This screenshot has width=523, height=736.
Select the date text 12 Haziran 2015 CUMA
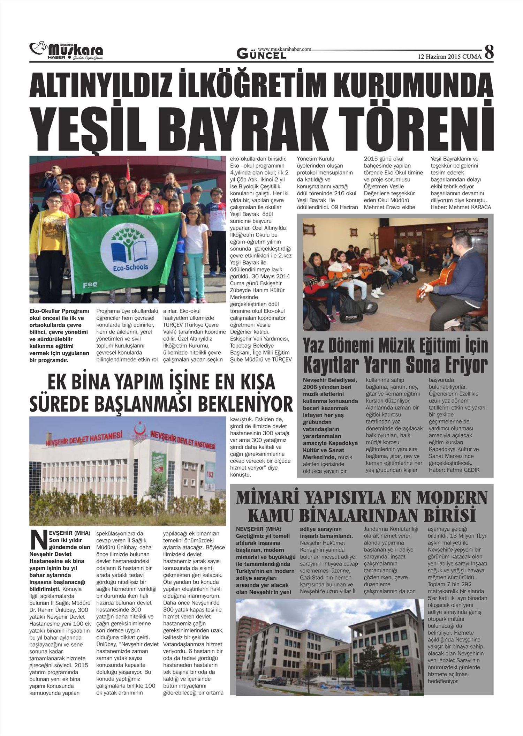pyautogui.click(x=449, y=56)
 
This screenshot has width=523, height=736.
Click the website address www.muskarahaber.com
pyautogui.click(x=285, y=50)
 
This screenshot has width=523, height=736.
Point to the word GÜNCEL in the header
pyautogui.click(x=261, y=54)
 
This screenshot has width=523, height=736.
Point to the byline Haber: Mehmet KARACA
pyautogui.click(x=461, y=207)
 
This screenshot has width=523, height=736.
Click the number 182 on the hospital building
pyautogui.click(x=210, y=474)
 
